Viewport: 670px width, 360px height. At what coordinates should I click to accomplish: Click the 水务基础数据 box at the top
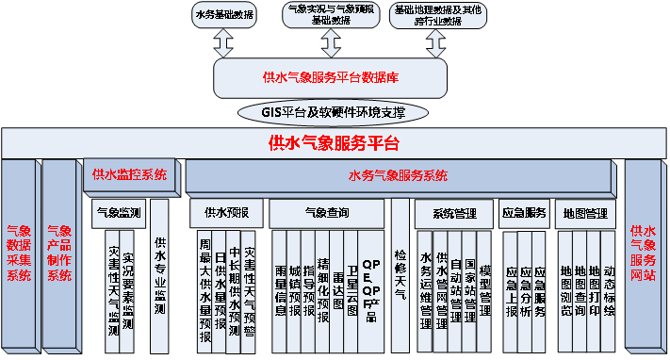point(223,15)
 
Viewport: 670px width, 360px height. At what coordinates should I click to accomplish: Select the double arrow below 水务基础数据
point(223,43)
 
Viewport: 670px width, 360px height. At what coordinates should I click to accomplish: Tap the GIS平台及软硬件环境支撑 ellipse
point(334,113)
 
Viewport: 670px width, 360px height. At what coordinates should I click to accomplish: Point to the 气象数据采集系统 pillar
point(19,254)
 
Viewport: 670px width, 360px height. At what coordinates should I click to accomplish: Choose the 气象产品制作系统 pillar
point(58,254)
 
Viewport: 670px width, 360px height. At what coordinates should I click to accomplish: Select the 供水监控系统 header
point(129,174)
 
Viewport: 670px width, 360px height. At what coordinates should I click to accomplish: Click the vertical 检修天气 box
point(400,273)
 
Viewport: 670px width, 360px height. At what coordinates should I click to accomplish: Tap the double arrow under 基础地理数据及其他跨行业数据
point(436,43)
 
